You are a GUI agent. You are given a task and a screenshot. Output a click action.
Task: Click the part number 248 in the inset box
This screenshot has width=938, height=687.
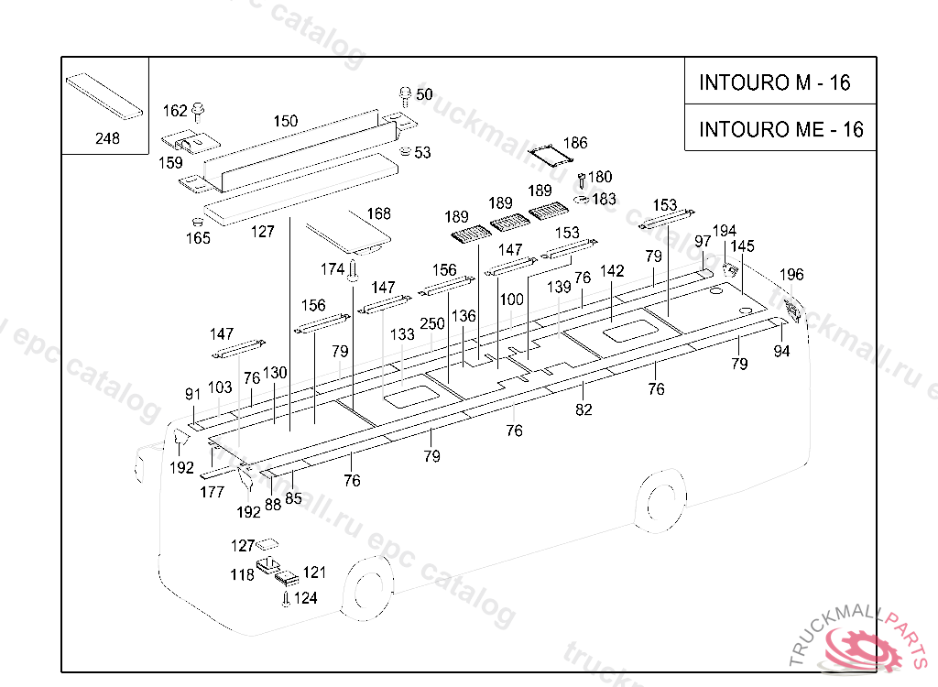[108, 138]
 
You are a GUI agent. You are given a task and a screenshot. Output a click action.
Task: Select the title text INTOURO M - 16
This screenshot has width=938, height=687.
[775, 82]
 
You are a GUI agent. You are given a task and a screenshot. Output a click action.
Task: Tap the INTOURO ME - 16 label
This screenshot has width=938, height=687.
[781, 129]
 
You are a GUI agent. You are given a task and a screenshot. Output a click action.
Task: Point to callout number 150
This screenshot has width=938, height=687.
[286, 121]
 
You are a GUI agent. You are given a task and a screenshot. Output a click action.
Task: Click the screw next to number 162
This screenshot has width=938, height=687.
[199, 112]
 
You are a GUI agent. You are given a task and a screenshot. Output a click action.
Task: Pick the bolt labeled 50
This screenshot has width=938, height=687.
[405, 96]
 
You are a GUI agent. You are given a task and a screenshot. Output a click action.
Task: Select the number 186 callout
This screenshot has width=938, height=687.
[575, 142]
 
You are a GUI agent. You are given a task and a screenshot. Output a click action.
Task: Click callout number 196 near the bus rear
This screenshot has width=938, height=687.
[791, 275]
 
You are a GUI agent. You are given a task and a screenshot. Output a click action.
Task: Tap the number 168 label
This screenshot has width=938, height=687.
[378, 213]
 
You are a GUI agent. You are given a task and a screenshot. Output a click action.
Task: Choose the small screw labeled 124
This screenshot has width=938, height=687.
[286, 598]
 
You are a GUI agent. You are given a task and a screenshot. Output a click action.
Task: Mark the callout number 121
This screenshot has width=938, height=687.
[314, 572]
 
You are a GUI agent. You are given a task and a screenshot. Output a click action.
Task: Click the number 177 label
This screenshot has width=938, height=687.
[213, 492]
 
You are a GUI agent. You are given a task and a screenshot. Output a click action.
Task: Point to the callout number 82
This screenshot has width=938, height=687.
[584, 410]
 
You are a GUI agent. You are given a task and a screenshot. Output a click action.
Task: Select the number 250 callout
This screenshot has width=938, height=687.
[432, 323]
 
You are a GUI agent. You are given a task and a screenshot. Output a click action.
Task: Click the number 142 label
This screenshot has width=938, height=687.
[612, 271]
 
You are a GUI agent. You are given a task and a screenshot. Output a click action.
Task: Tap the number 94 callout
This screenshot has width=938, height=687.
[782, 351]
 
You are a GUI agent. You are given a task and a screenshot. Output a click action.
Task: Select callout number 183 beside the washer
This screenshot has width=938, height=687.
[605, 199]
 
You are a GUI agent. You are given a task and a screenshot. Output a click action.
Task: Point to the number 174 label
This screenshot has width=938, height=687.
[333, 269]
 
